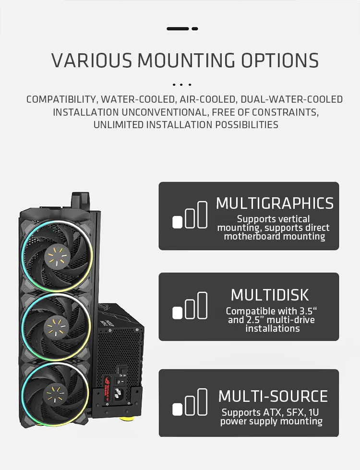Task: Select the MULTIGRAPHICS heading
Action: click(x=275, y=203)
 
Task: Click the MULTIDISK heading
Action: click(x=270, y=294)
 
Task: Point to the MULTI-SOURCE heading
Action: click(x=273, y=396)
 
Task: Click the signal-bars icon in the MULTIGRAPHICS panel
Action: click(x=190, y=215)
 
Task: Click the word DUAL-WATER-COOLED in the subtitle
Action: click(x=291, y=99)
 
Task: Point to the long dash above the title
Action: click(x=178, y=29)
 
